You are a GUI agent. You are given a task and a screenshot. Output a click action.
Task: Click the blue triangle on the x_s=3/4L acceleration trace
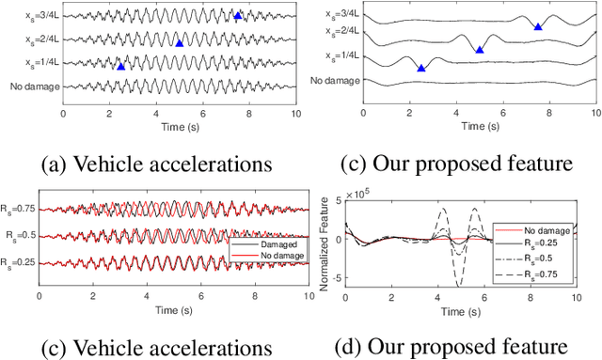[x=238, y=16]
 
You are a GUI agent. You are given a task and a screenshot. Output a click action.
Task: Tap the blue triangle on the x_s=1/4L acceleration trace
[x=120, y=66]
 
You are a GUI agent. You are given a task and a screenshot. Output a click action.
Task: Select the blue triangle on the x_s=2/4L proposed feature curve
[x=480, y=49]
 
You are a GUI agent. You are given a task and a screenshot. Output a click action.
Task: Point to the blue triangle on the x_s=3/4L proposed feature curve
[x=538, y=26]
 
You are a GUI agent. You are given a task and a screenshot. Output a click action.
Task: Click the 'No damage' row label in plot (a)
[x=34, y=86]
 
